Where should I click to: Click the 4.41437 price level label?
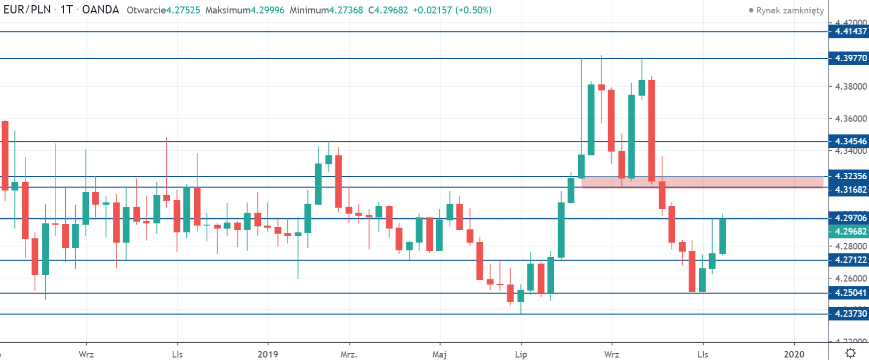click(850, 31)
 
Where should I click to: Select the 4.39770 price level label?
click(850, 58)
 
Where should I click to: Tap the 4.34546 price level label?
click(850, 141)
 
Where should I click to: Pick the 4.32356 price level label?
click(850, 176)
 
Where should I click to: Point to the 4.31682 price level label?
click(850, 190)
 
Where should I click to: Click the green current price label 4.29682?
click(850, 232)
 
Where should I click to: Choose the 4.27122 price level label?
click(850, 260)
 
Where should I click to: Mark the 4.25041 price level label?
click(850, 293)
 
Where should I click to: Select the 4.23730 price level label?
click(850, 314)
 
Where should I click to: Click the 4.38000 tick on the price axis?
click(851, 87)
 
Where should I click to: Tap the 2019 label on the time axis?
click(268, 354)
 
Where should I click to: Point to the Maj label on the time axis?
click(439, 354)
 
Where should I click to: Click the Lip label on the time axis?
click(521, 354)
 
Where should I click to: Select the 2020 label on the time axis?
click(794, 354)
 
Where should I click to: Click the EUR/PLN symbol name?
click(27, 9)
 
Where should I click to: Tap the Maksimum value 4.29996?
click(267, 10)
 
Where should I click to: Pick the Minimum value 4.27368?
click(346, 10)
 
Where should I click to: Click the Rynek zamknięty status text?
click(790, 10)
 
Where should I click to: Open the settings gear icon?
click(851, 353)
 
